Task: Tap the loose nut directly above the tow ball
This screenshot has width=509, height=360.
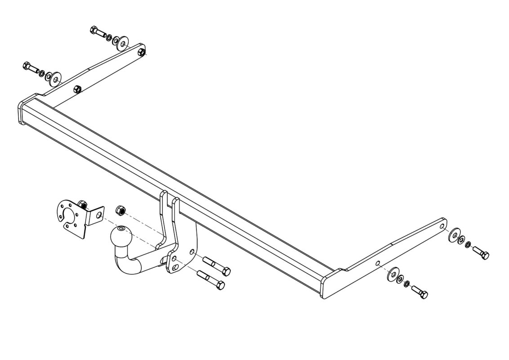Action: pyautogui.click(x=120, y=210)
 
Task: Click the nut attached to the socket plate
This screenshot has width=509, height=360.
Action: pyautogui.click(x=82, y=203)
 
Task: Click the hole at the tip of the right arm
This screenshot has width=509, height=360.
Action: pyautogui.click(x=442, y=226)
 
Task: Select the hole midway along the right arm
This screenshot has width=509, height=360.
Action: pyautogui.click(x=377, y=264)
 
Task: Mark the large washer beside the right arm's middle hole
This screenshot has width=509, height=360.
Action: pyautogui.click(x=392, y=274)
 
